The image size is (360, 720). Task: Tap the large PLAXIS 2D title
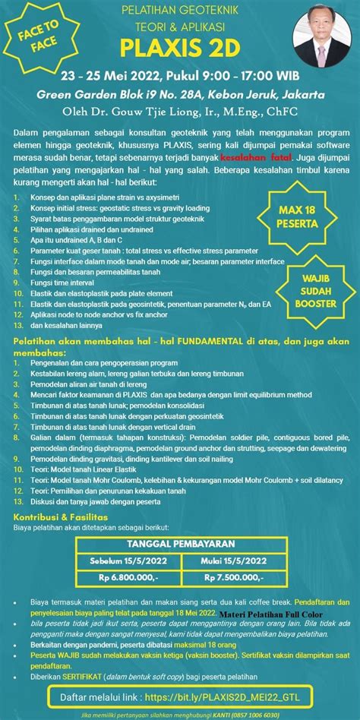click(x=181, y=49)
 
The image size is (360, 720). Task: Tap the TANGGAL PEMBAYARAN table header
click(x=181, y=545)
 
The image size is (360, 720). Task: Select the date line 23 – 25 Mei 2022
click(x=180, y=77)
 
